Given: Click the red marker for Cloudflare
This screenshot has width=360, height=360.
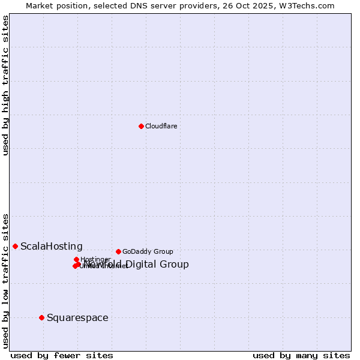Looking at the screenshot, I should click(141, 126).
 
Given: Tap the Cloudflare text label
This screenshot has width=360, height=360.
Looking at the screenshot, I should click(161, 126).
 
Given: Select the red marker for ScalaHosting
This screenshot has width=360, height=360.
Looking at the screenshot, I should click(15, 246).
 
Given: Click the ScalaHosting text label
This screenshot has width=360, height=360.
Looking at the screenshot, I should click(52, 247).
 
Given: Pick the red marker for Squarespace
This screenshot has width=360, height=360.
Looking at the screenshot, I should click(41, 317).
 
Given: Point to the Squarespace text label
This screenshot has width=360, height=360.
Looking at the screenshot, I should click(77, 318).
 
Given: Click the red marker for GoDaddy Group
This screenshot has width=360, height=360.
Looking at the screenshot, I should click(118, 251).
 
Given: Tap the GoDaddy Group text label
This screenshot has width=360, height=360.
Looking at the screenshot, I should click(148, 251).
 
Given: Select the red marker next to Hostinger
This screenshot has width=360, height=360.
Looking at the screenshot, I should click(76, 259).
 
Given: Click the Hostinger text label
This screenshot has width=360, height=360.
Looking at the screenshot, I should click(95, 259).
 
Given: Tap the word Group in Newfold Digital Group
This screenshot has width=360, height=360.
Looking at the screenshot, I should click(175, 265).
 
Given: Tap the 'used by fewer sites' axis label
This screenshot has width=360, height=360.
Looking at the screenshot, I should click(62, 355).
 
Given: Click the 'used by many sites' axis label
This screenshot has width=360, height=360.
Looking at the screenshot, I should click(301, 355).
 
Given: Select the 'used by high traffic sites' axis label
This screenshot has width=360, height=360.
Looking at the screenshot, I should click(6, 86).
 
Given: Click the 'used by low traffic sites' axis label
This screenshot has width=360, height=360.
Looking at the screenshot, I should click(6, 280).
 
